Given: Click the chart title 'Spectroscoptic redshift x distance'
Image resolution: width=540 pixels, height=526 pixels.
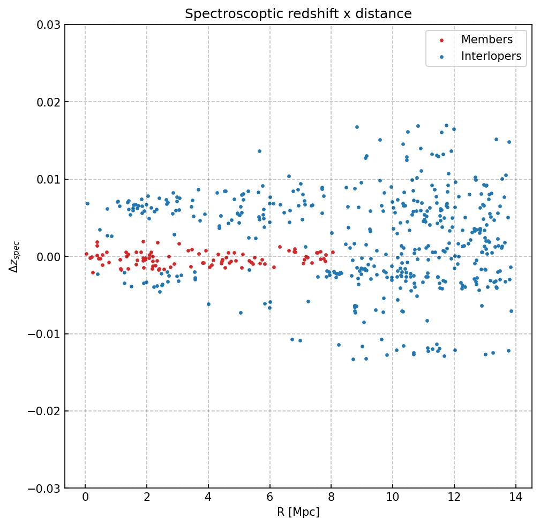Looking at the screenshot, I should (x=298, y=14).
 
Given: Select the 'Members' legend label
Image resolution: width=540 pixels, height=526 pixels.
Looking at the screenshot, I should (x=486, y=40).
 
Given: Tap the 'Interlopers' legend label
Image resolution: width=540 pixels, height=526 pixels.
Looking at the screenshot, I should (x=491, y=56).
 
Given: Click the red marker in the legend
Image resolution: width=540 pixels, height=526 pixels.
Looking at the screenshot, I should (x=441, y=40).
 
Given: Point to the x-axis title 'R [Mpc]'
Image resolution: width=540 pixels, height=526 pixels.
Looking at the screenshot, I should (x=298, y=512).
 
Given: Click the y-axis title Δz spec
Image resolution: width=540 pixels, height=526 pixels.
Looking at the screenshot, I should (x=14, y=256).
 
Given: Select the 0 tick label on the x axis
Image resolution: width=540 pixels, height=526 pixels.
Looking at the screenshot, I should (x=85, y=499).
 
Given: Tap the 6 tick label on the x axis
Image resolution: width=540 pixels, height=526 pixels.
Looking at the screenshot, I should (x=269, y=499).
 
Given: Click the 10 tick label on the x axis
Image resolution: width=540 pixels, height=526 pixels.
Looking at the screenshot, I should (x=393, y=499).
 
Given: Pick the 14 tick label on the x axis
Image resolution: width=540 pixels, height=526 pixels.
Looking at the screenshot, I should (x=516, y=499).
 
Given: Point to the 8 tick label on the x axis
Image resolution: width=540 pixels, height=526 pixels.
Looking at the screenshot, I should (x=331, y=499).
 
